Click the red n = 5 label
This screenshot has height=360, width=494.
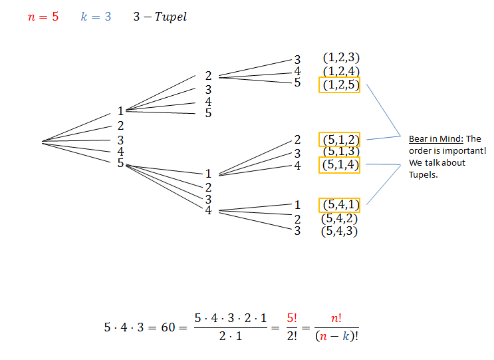tap(43, 17)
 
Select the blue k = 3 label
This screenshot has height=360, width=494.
tap(96, 17)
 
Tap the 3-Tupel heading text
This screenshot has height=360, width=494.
tap(160, 17)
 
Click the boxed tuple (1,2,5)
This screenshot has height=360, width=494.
tap(340, 85)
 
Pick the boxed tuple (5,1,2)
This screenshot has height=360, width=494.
tap(340, 140)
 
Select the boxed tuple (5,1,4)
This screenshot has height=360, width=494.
tap(340, 165)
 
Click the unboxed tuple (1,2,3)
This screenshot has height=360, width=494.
tap(340, 59)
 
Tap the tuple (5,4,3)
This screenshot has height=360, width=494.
tap(340, 232)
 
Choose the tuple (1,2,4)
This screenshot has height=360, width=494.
tap(340, 71)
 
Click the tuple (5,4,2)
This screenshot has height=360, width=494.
tap(340, 219)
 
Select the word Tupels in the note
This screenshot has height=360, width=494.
tap(423, 175)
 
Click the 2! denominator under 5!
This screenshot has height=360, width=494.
tap(293, 335)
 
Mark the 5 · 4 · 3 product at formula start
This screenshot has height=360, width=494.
tap(124, 327)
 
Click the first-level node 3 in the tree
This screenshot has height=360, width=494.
tap(120, 140)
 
